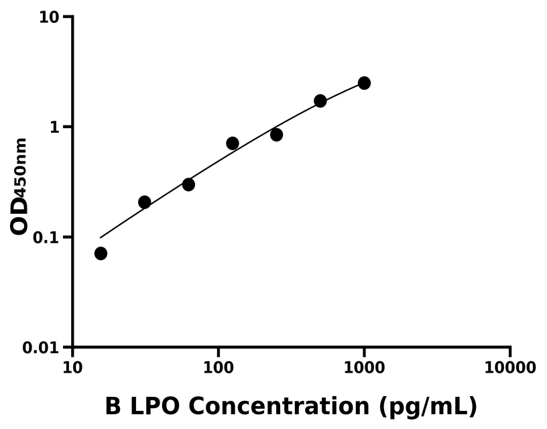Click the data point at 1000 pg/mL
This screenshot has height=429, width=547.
point(364,83)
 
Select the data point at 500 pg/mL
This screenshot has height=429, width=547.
point(320,101)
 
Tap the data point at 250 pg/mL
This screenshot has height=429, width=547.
point(276,135)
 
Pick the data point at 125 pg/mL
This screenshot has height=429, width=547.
point(233,143)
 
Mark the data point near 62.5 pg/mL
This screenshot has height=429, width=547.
point(188,184)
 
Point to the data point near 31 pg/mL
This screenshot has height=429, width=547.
point(144,202)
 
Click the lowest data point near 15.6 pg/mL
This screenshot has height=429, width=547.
point(101,253)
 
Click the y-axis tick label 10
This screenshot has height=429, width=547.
point(50,17)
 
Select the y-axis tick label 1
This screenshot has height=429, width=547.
point(56,127)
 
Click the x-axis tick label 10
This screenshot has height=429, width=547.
point(72,368)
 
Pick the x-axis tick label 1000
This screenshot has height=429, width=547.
point(364,368)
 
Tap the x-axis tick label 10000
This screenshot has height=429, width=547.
point(510,368)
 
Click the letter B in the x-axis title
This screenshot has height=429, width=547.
point(113,406)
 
